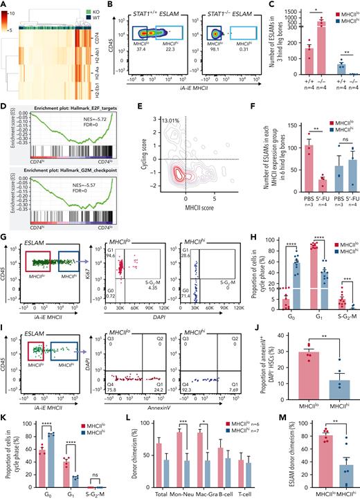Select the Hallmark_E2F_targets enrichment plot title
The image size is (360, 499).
click(x=58, y=111)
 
